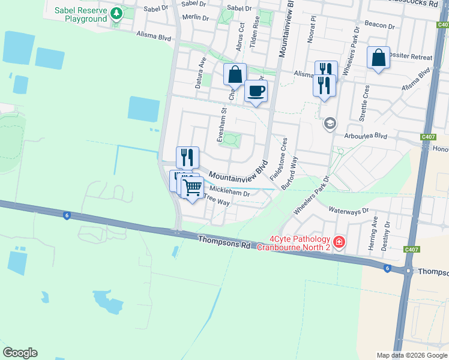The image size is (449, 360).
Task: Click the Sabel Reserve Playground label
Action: tap(80, 15)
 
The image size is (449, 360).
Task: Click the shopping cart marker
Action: tap(192, 187)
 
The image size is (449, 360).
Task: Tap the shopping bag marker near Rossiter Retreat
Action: tap(378, 58)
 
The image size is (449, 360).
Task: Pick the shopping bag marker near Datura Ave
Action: tap(235, 75)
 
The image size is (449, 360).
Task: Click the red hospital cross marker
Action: tap(339, 242)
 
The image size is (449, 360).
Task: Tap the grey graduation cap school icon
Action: tap(329, 124)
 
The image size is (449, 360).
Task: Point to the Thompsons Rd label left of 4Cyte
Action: tap(224, 242)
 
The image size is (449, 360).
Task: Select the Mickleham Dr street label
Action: tap(229, 193)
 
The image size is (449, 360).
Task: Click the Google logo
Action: tap(20, 353)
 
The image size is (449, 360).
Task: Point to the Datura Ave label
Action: tap(200, 73)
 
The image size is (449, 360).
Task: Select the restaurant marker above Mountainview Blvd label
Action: tap(187, 157)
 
